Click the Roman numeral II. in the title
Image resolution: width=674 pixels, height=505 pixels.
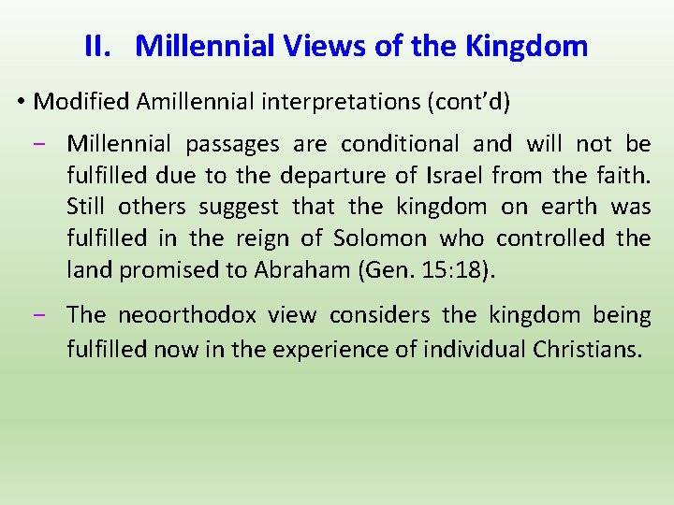98,46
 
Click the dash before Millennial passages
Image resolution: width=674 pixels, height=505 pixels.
48,144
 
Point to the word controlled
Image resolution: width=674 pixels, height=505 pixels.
549,238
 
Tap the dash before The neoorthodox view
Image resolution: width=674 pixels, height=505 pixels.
48,316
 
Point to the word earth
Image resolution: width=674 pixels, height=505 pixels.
563,207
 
